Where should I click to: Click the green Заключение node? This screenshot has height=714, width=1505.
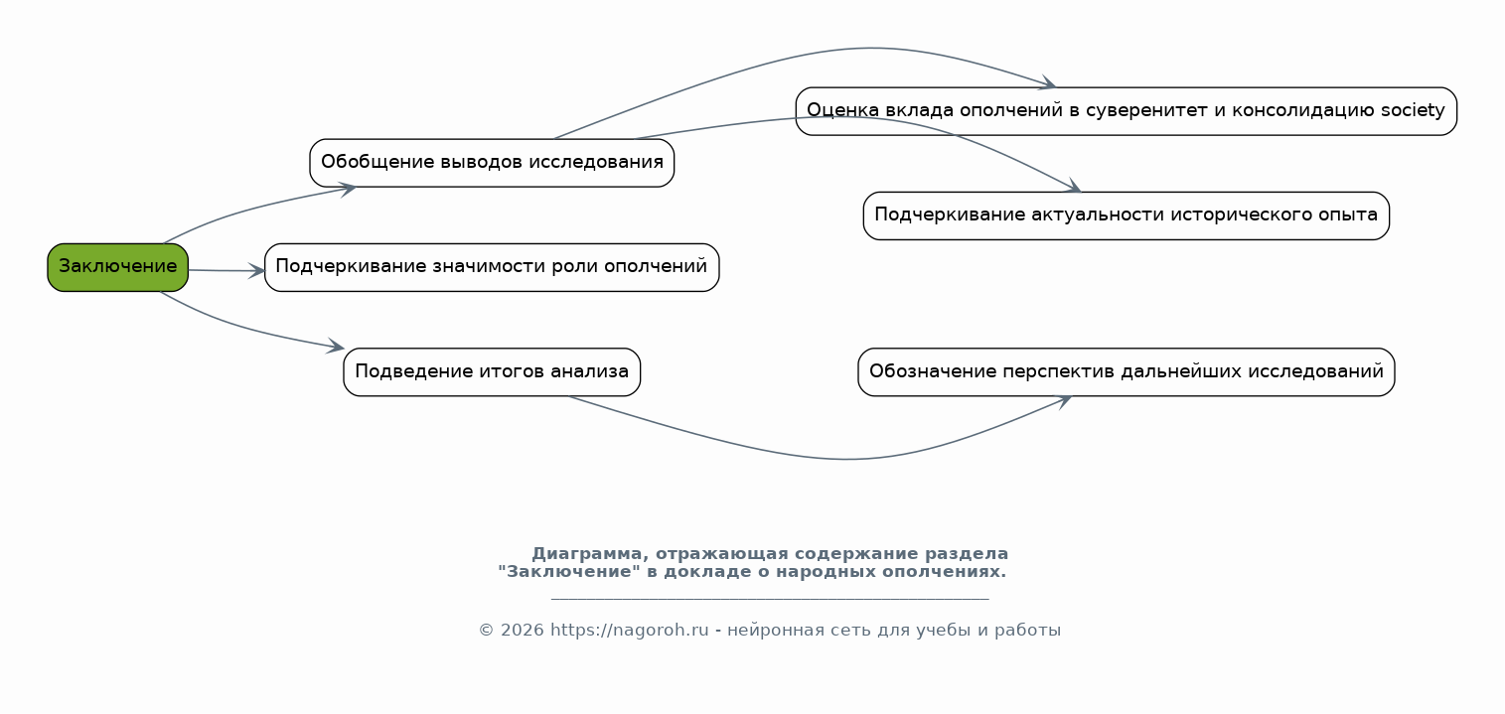(x=117, y=267)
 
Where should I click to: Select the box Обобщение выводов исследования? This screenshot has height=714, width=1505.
(x=492, y=163)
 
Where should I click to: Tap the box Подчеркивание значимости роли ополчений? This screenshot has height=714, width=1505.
(x=492, y=267)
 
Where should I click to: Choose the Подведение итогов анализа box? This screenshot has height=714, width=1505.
(x=492, y=372)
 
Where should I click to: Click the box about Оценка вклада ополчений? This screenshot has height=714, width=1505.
(x=1126, y=111)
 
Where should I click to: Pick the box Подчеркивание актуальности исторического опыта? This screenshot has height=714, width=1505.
(x=1126, y=215)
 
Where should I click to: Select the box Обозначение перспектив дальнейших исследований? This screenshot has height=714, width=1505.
(x=1126, y=372)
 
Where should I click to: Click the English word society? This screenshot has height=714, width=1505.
(x=1413, y=110)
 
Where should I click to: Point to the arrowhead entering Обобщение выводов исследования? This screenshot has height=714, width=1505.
(x=348, y=188)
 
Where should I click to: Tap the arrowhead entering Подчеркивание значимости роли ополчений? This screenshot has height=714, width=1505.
(x=258, y=270)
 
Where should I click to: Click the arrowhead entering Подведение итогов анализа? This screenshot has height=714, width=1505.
(x=337, y=348)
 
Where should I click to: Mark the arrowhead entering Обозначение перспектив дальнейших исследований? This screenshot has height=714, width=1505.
(x=1063, y=400)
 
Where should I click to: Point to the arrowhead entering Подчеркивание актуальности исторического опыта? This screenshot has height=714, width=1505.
(x=1073, y=188)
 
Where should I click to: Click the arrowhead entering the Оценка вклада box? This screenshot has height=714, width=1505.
(x=1047, y=84)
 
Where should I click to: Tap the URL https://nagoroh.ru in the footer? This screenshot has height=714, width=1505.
(x=629, y=631)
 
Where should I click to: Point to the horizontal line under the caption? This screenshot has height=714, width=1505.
(x=770, y=600)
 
